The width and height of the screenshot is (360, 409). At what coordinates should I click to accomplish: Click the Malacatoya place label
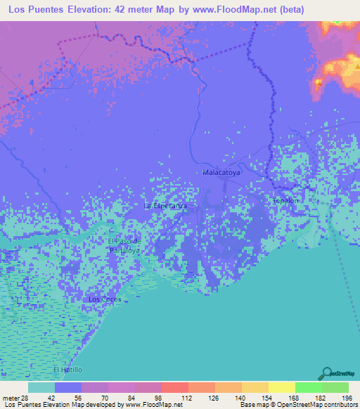(x=221, y=171)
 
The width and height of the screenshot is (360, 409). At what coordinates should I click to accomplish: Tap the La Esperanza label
(x=165, y=206)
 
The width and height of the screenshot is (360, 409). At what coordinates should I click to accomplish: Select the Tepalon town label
(x=285, y=200)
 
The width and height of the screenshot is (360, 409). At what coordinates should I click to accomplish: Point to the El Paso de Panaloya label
(x=124, y=245)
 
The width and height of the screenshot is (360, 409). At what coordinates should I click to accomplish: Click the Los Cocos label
(x=105, y=299)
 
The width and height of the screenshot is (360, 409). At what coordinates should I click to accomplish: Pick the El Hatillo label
(x=68, y=370)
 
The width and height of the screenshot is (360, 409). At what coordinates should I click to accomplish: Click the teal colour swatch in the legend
(x=41, y=387)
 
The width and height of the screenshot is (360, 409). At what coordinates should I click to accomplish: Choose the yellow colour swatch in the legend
(x=281, y=387)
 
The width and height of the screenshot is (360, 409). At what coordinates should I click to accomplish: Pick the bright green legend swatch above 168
(x=308, y=387)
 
